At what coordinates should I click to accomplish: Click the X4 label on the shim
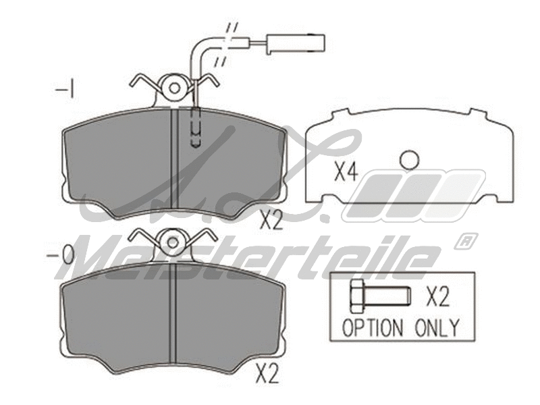345,172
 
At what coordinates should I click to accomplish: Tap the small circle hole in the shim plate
409,160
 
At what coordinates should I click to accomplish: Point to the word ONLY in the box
437,328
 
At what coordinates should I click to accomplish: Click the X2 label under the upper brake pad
271,220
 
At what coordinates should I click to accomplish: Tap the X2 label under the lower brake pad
267,373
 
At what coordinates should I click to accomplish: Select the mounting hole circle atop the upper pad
175,87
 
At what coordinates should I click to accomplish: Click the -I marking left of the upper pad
65,89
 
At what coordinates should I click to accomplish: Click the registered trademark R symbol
466,241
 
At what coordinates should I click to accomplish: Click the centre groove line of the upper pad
173,162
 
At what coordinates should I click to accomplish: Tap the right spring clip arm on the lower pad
202,237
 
